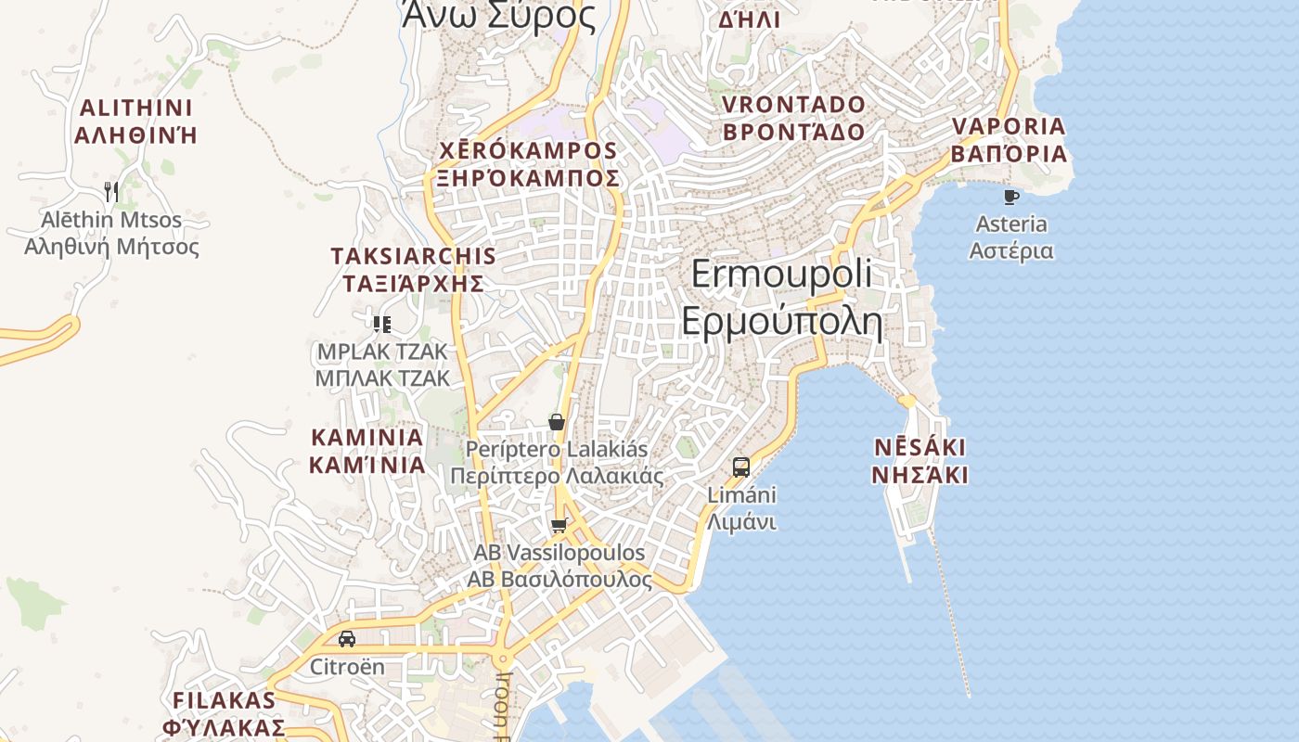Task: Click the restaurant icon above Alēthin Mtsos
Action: pyautogui.click(x=111, y=192)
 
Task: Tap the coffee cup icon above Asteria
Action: pyautogui.click(x=1011, y=197)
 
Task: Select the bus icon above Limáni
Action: pyautogui.click(x=740, y=467)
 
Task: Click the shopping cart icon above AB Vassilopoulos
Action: pyautogui.click(x=558, y=526)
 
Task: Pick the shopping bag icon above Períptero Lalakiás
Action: pyautogui.click(x=557, y=422)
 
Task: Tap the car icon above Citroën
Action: pyautogui.click(x=346, y=639)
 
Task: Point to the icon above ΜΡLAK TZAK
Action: pyautogui.click(x=381, y=324)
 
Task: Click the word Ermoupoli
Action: pyautogui.click(x=781, y=274)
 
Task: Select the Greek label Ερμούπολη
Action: pyautogui.click(x=781, y=320)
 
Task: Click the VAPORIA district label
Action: pyautogui.click(x=1009, y=126)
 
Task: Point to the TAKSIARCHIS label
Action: pyautogui.click(x=413, y=256)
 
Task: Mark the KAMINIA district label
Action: pyautogui.click(x=367, y=437)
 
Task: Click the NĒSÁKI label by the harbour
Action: pyautogui.click(x=920, y=448)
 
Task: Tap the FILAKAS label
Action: pyautogui.click(x=224, y=699)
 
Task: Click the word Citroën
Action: pyautogui.click(x=346, y=667)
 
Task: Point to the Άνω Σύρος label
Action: pyautogui.click(x=498, y=16)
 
